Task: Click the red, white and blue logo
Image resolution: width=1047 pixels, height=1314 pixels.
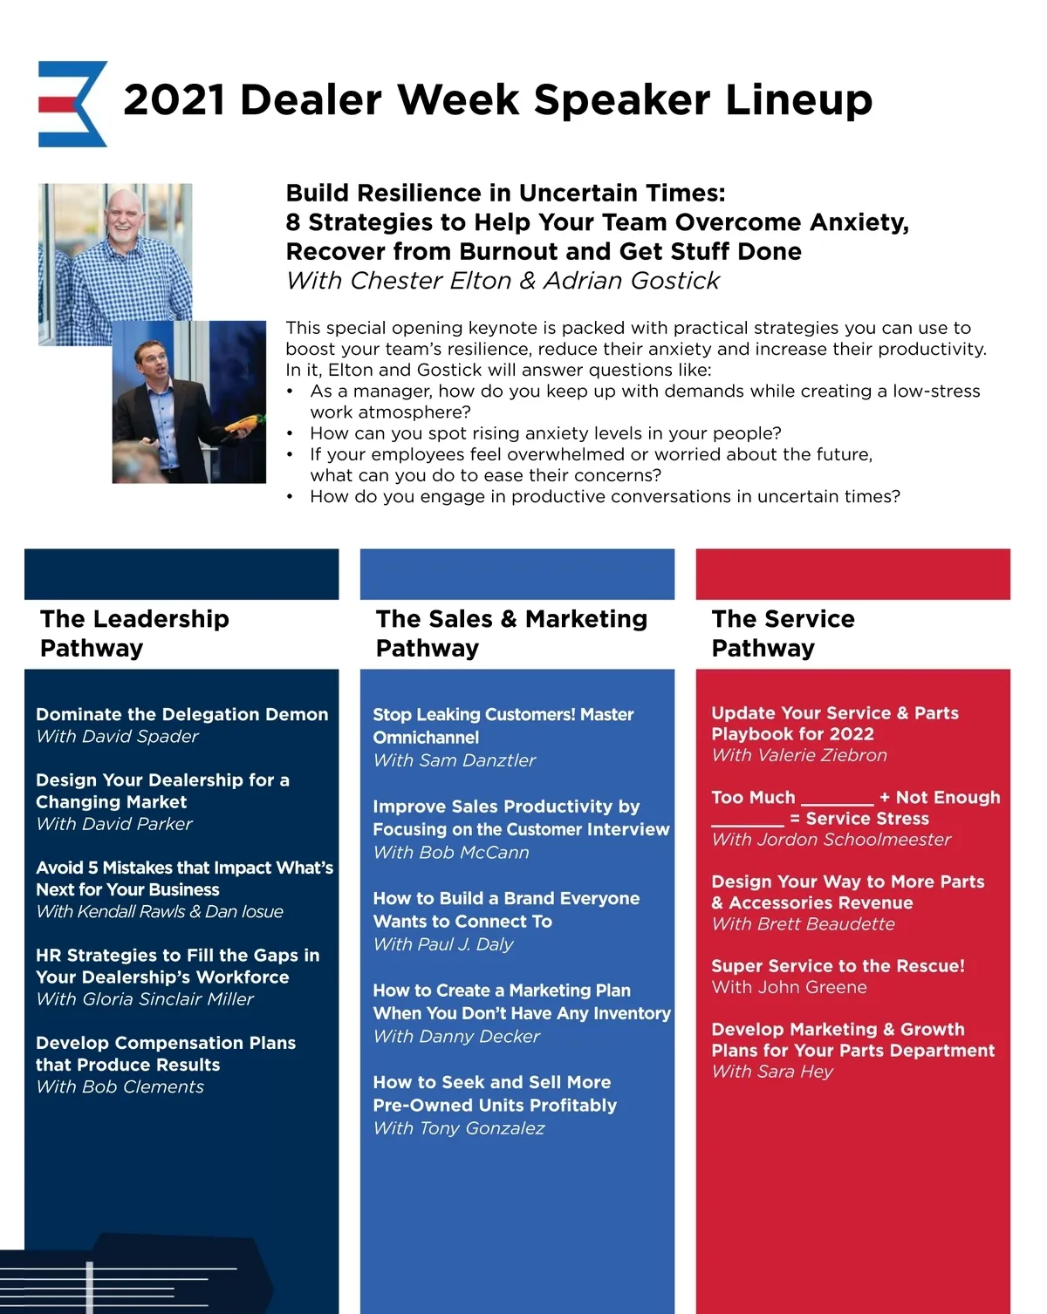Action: point(72,103)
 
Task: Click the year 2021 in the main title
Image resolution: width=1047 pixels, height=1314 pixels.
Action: point(174,100)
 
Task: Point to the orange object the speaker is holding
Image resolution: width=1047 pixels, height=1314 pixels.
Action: point(242,425)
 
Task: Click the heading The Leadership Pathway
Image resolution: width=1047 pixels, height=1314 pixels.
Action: point(134,633)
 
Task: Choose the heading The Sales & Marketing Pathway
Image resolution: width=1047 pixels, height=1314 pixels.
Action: point(511,633)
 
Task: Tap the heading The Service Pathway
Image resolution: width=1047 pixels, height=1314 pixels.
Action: point(783,633)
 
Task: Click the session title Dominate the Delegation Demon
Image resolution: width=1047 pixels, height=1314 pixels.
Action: point(181,714)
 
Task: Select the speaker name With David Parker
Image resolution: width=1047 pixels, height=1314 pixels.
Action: point(114,824)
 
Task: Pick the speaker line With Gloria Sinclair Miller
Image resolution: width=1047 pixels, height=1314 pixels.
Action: point(145,999)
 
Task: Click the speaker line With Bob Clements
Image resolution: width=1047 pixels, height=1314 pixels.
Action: point(120,1087)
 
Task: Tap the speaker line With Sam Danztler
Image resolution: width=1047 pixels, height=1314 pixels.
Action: point(454,760)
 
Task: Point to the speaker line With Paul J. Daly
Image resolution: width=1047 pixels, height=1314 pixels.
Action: point(443,944)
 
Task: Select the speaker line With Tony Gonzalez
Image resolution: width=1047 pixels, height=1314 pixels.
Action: point(459,1128)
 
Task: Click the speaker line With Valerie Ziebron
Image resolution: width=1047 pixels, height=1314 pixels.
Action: point(799,755)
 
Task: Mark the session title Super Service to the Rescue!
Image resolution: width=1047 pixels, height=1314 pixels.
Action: point(838,966)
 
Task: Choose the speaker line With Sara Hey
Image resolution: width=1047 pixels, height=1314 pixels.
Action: point(772,1072)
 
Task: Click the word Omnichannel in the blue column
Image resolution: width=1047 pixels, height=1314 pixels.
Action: point(426,738)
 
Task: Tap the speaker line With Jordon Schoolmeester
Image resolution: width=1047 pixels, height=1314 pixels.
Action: point(831,840)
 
